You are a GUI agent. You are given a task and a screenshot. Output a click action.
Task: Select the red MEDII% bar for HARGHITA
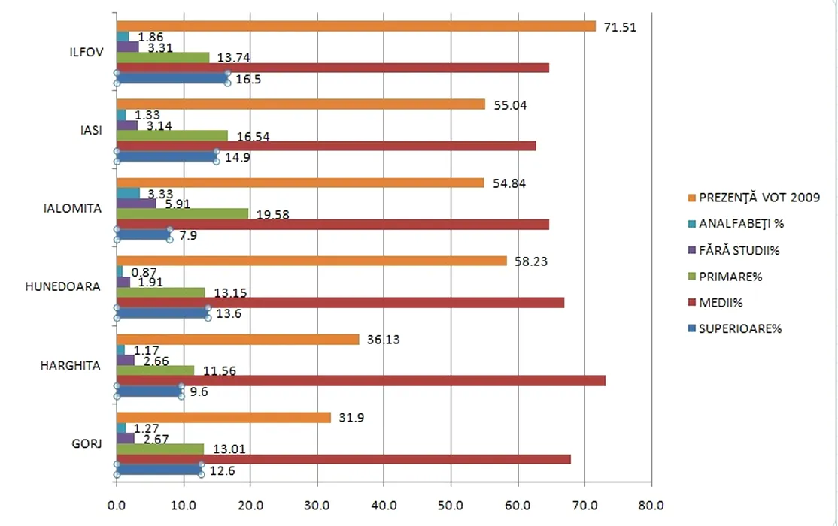click(x=360, y=380)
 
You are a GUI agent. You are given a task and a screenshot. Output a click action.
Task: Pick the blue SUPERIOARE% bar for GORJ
click(x=159, y=469)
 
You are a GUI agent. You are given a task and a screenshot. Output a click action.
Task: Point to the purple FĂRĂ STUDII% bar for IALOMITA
click(x=136, y=203)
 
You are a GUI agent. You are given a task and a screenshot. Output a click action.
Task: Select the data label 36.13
click(x=384, y=340)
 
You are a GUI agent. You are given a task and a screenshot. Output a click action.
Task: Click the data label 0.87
click(x=144, y=272)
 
